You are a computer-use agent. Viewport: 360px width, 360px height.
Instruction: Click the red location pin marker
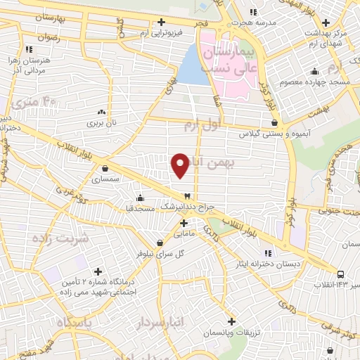[x=181, y=165]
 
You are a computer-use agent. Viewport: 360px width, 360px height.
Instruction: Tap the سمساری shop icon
[x=105, y=169]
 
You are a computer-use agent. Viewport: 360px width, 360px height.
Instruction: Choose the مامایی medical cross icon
[x=184, y=224]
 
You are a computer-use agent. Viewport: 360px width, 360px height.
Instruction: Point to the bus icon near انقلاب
[x=340, y=274]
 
